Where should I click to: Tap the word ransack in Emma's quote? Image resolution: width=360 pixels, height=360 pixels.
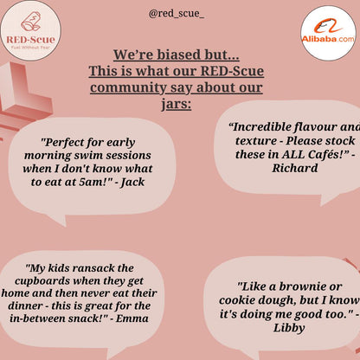coord(91,268)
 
